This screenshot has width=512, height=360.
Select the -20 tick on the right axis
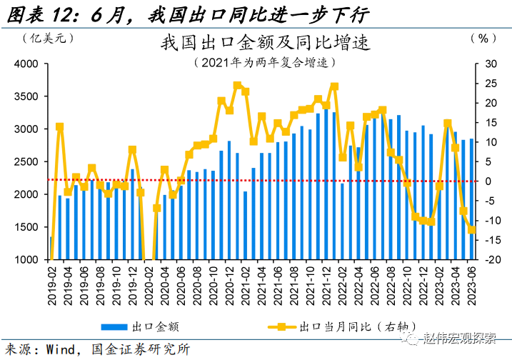tap(491, 260)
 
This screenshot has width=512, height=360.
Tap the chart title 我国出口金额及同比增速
tap(266, 43)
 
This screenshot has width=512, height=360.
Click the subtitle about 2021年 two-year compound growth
tap(266, 62)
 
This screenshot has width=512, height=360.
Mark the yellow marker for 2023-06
tap(472, 229)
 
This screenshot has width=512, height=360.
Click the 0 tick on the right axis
tap(489, 181)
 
